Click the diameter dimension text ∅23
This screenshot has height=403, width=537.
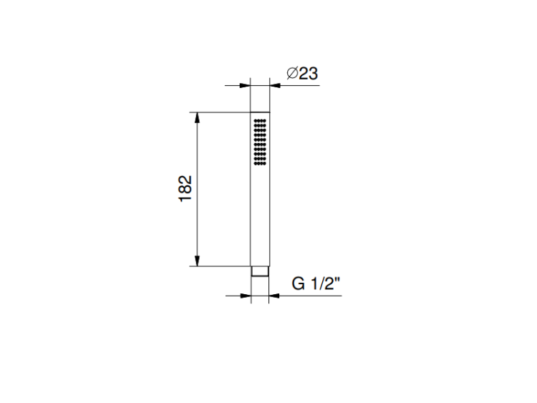coord(302,73)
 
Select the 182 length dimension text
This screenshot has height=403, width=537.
coord(185,189)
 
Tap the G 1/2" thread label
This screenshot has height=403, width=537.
coord(316,283)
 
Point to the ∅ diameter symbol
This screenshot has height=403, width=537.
coord(292,73)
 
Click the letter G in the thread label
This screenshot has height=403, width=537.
coord(298,283)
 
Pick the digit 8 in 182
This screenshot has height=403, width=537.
coord(185,189)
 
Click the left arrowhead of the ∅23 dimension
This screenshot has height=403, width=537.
coord(245,85)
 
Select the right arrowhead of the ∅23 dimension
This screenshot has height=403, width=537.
coord(275,85)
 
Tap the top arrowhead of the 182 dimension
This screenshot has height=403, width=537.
coord(197,117)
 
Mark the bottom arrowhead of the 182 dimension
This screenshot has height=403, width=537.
coord(197,261)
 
